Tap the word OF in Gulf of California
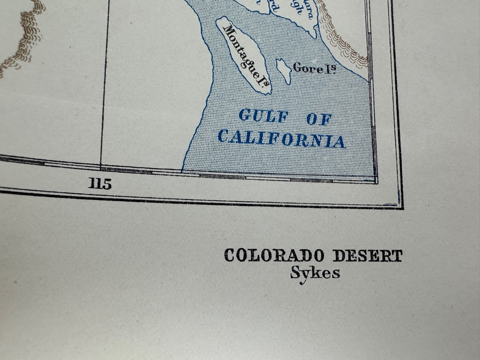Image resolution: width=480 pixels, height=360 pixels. (319, 119)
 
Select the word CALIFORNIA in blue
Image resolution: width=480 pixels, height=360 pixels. (282, 138)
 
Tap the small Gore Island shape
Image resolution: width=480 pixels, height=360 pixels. (283, 71)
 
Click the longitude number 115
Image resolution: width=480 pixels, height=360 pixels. (100, 185)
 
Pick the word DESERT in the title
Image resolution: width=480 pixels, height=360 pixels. (367, 256)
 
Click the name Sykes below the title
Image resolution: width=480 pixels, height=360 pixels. (315, 273)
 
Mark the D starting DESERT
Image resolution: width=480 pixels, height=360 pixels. (339, 256)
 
